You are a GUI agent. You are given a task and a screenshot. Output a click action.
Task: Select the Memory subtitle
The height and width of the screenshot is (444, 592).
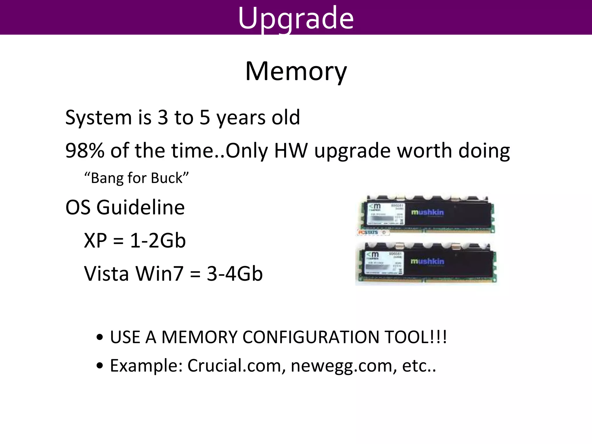tap(296, 71)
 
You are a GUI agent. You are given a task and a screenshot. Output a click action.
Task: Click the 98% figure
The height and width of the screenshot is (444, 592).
tap(85, 151)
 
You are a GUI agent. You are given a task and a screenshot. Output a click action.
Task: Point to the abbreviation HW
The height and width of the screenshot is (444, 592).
tap(291, 151)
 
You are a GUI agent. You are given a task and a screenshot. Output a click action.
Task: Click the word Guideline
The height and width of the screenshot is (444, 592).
tap(140, 208)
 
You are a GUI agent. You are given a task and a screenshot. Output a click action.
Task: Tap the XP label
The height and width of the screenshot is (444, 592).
tap(95, 241)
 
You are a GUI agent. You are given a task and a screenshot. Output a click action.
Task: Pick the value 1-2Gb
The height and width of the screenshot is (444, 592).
tap(158, 241)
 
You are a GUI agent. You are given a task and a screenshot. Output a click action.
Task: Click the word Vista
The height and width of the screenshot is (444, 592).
tap(106, 274)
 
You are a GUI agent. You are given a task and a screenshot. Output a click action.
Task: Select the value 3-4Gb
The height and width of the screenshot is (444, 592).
tap(235, 274)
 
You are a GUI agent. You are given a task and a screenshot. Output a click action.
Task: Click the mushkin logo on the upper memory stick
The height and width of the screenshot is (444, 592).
tap(427, 212)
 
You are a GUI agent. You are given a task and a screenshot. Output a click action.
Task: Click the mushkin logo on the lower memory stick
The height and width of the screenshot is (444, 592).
tap(427, 261)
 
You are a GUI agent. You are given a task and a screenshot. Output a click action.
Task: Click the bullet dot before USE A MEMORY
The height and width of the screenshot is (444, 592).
tap(100, 338)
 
